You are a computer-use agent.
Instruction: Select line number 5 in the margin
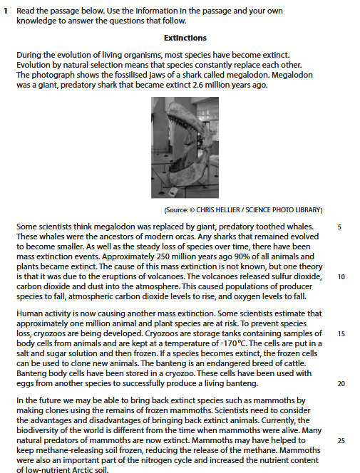(339, 227)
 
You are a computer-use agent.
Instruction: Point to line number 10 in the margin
(341, 277)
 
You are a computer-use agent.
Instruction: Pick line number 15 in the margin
(341, 333)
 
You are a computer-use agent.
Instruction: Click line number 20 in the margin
(341, 383)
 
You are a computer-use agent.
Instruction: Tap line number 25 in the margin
(341, 441)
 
